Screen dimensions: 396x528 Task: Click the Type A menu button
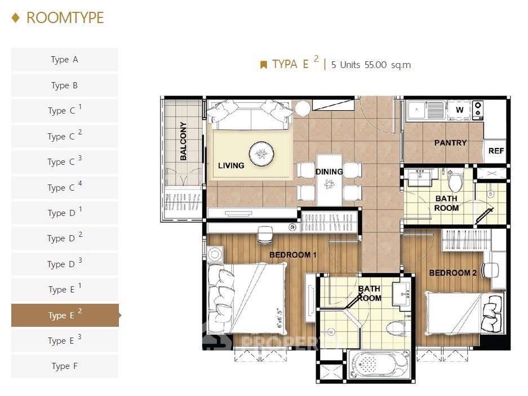coord(64,60)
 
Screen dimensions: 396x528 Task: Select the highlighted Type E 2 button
coord(64,315)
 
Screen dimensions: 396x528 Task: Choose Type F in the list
coord(64,366)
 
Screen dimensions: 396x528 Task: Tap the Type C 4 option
coord(64,187)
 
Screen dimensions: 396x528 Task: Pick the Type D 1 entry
coord(64,213)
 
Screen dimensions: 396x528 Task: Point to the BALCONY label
coord(183,141)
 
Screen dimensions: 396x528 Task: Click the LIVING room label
coord(231,165)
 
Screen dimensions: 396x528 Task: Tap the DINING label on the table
coord(329,172)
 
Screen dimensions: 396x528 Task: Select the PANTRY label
coord(450,143)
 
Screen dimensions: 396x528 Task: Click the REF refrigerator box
coord(496,151)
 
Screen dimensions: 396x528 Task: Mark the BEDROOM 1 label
coord(293,255)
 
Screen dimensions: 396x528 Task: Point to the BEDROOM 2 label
coord(453,273)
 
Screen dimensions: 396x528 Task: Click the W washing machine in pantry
coord(459,110)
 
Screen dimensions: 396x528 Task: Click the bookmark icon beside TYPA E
coord(263,65)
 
